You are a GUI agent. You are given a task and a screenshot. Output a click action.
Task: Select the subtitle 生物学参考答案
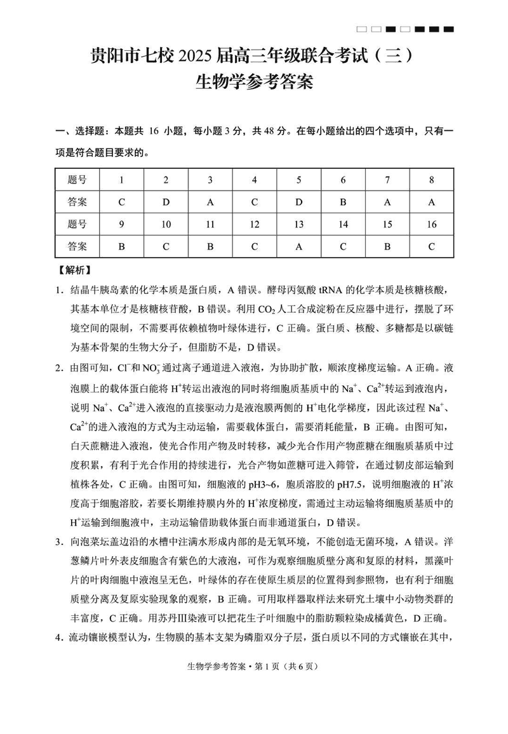[254, 83]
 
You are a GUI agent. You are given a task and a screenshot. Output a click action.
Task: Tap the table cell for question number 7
[387, 180]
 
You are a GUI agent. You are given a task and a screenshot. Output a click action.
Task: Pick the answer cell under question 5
[298, 202]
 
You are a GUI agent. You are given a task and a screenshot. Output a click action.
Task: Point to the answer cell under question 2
[166, 202]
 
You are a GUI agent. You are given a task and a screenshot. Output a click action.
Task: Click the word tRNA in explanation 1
[331, 291]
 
